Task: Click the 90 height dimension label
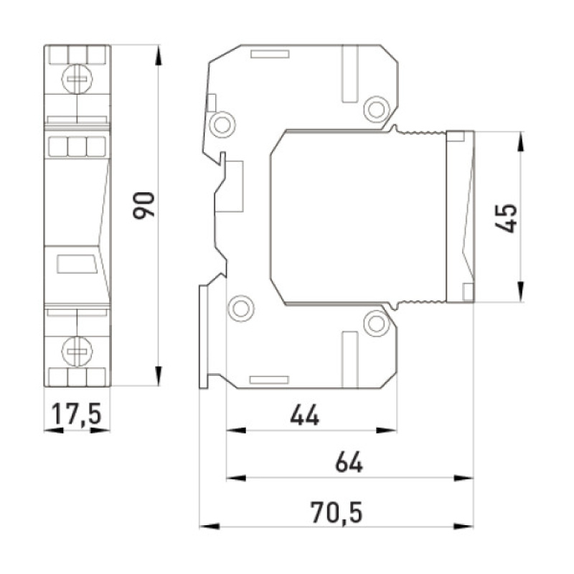144,205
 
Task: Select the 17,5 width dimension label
76,414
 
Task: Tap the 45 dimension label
506,218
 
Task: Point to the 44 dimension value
304,415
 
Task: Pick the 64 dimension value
349,462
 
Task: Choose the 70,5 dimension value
337,512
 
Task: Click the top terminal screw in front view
77,79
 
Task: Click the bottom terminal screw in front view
77,352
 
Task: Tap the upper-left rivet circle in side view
222,125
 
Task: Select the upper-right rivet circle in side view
376,109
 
